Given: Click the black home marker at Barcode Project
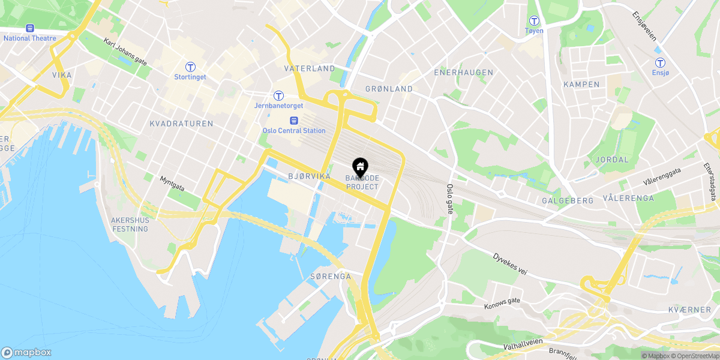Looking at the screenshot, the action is (361, 166).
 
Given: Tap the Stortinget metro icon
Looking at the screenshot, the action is (190, 67).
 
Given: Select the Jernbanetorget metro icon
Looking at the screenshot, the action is (278, 95).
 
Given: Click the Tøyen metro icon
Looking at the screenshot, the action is (533, 20).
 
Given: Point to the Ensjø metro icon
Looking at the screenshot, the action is (660, 62).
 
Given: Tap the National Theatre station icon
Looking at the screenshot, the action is (29, 28).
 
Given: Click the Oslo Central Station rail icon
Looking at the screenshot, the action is (294, 120).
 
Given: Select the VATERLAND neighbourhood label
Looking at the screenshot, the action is (310, 68).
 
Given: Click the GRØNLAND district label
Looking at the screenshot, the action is (389, 89).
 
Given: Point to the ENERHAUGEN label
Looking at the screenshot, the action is (464, 73).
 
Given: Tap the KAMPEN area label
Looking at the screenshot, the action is (581, 85).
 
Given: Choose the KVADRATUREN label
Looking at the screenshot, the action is (181, 124).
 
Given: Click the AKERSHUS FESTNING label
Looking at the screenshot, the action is (130, 224).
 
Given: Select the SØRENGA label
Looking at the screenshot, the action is (330, 277).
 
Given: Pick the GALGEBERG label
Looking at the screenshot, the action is (567, 200).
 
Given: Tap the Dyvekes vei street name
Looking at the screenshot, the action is (510, 263).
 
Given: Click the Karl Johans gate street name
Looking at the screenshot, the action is (125, 51).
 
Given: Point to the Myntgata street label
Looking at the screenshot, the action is (172, 183).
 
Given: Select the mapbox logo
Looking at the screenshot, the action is (26, 353).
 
